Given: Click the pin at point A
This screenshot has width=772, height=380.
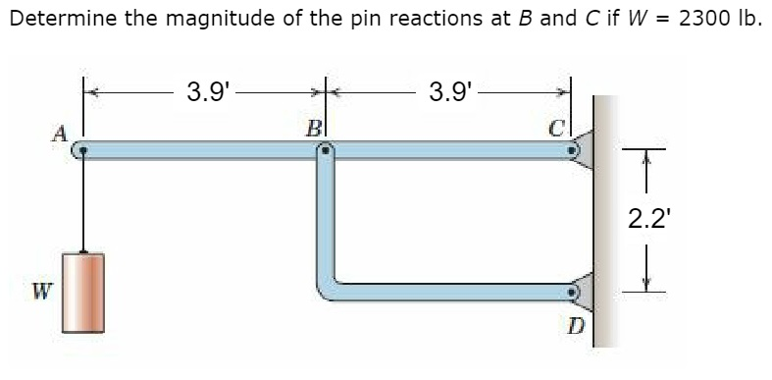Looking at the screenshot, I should click(x=84, y=151).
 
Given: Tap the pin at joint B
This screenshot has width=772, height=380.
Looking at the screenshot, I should click(x=325, y=151).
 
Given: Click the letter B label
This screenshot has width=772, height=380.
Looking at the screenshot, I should click(x=313, y=127).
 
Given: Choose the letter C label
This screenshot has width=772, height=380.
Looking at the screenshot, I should click(x=556, y=129).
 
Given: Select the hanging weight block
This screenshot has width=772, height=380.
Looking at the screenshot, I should click(x=83, y=292).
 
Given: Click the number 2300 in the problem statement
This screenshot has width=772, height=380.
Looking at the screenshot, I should click(x=703, y=19).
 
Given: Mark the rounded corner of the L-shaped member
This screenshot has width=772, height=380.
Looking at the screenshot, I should click(x=328, y=286).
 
